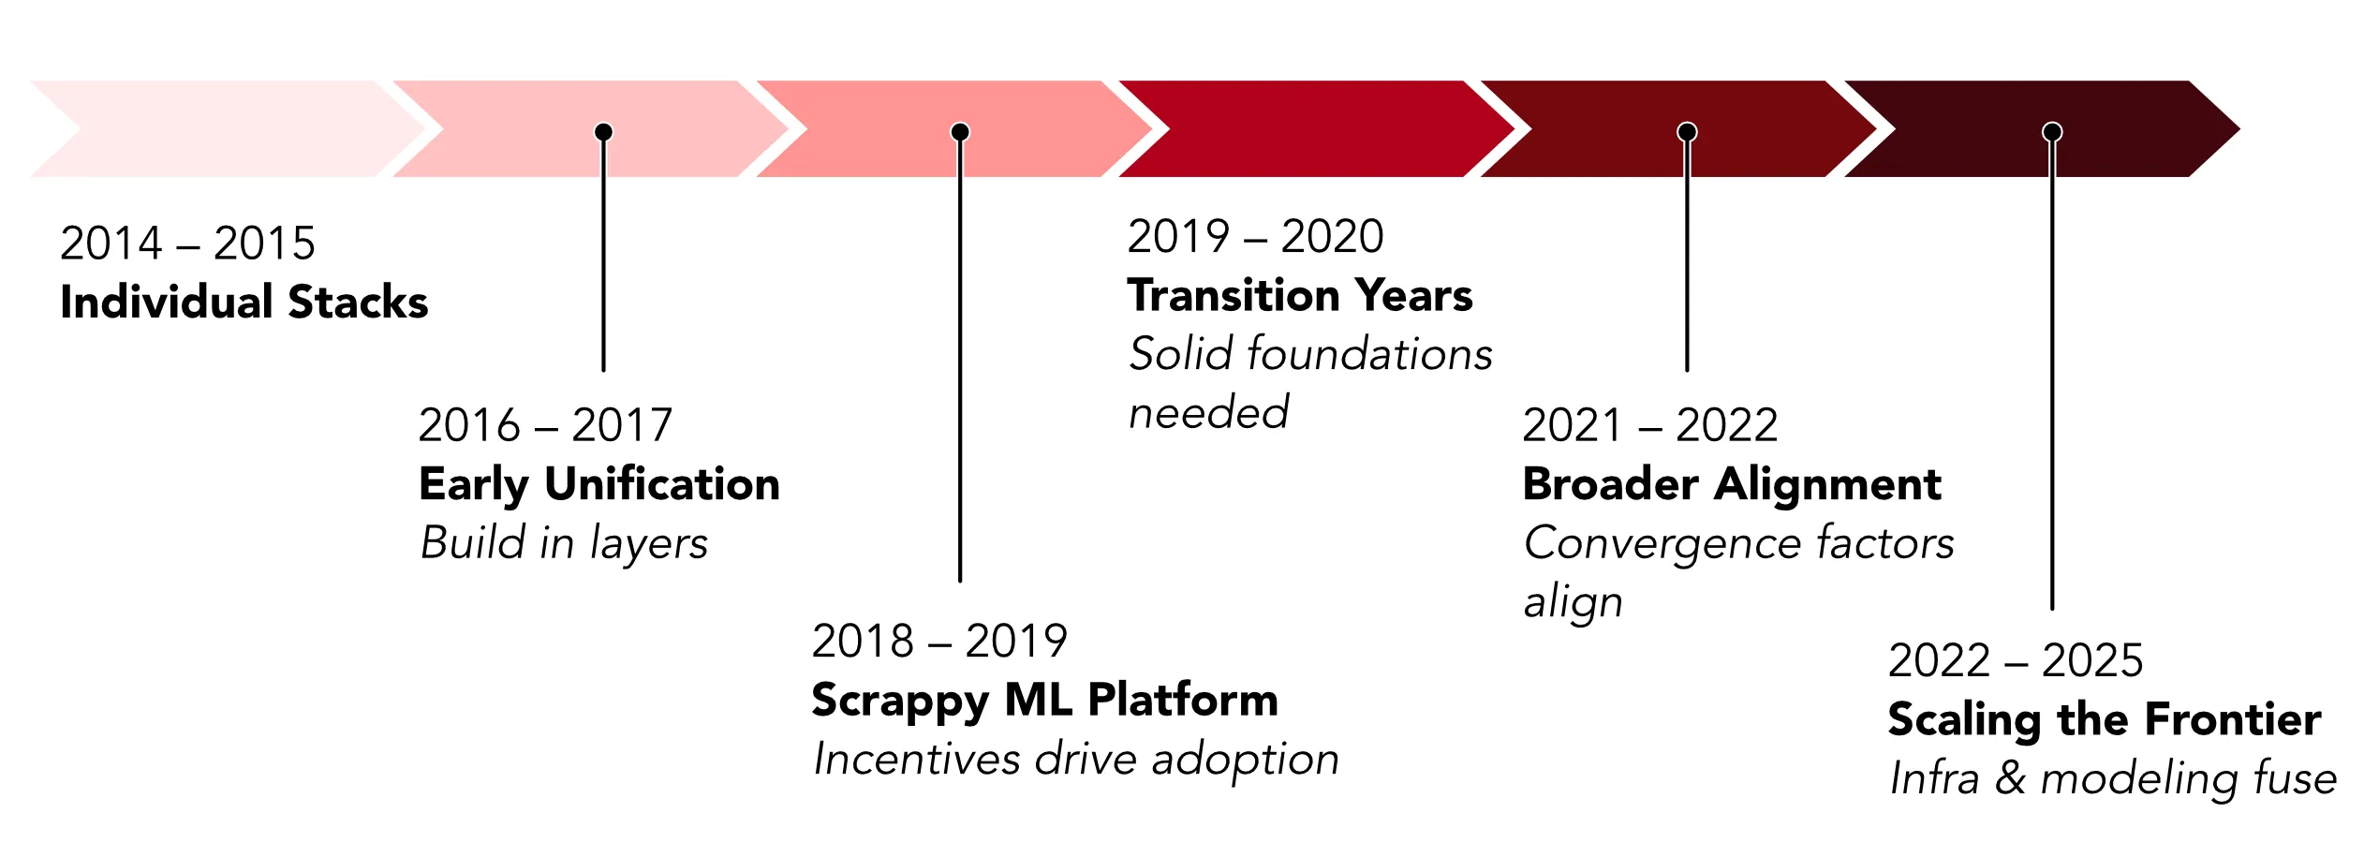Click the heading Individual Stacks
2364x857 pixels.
244,303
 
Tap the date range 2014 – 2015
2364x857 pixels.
187,244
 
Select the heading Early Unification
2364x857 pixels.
599,484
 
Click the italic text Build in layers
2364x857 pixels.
564,543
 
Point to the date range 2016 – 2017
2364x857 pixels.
545,425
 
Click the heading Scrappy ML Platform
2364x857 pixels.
1044,700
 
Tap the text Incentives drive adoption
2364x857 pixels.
1076,759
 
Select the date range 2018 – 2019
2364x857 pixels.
939,642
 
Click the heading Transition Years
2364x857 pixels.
1300,296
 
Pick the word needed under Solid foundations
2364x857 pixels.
1208,413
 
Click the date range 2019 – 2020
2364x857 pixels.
1255,236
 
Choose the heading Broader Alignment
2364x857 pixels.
1732,484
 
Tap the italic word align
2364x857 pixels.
1574,602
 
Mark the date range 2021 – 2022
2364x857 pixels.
1649,425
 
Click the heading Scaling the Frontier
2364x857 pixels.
2105,719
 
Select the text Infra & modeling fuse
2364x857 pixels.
2113,778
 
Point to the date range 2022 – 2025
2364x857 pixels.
2016,660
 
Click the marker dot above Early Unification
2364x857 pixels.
604,132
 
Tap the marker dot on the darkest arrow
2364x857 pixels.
2052,132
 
